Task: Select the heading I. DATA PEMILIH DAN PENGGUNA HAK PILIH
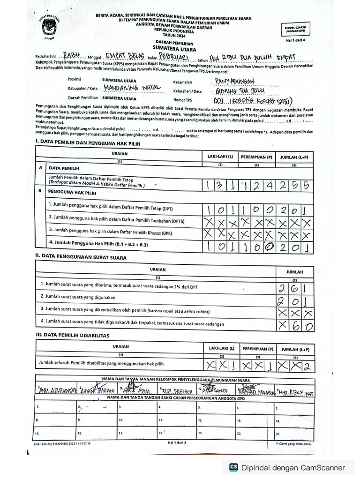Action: click(94, 142)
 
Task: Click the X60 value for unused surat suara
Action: click(294, 325)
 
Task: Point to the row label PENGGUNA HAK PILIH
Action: click(72, 193)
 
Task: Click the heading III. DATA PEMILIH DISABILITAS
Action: click(73, 336)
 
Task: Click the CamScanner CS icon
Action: click(233, 467)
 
